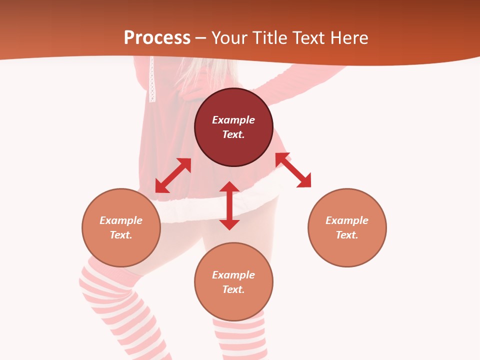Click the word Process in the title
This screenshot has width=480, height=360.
click(157, 38)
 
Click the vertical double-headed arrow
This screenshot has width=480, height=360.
click(229, 205)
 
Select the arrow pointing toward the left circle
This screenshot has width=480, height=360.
click(173, 175)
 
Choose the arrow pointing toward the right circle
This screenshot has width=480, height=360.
click(293, 170)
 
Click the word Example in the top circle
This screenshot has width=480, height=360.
click(233, 120)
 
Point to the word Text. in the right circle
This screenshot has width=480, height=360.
click(347, 235)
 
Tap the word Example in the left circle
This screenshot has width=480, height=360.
click(121, 220)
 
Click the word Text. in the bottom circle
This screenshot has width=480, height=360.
click(233, 289)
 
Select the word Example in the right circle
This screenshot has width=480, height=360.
click(347, 220)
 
